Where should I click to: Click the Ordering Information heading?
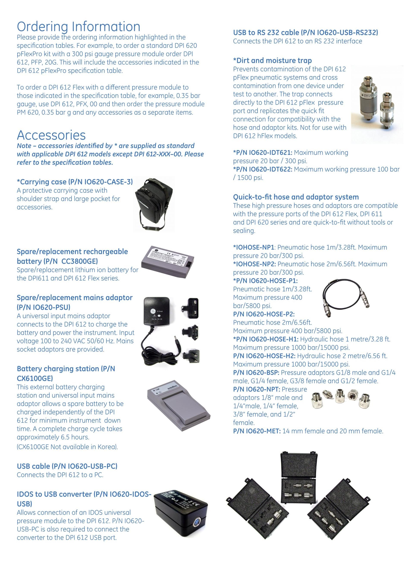78,27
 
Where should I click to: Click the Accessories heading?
51,135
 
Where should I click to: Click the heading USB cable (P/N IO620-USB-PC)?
67,466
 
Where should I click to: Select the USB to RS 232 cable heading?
305,33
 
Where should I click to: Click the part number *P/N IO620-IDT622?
262,169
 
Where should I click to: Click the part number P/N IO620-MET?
257,431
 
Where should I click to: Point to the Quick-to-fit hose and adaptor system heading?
296,197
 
